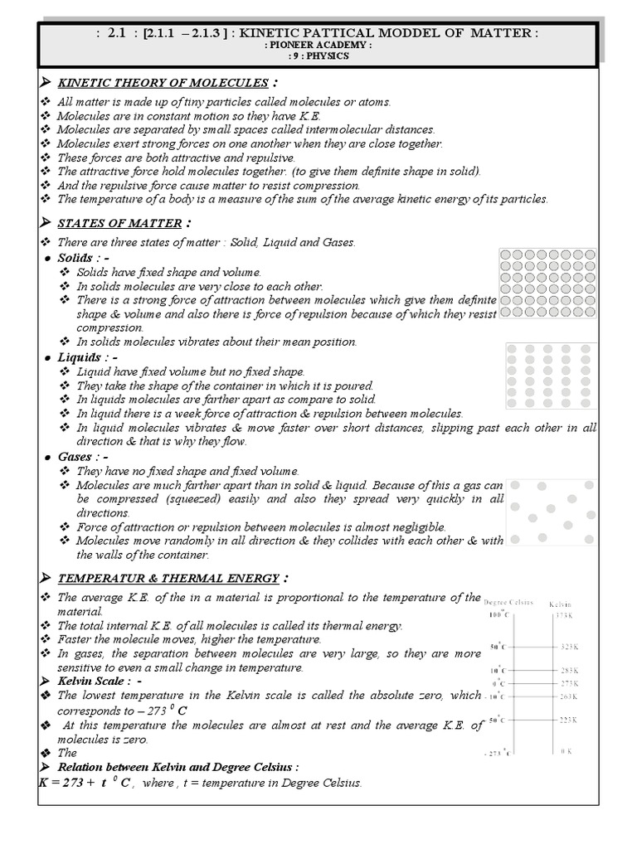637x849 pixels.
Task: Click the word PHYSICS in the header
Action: click(x=328, y=56)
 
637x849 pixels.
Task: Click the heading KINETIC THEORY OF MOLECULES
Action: click(x=162, y=83)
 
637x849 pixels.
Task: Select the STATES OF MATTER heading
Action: click(x=119, y=222)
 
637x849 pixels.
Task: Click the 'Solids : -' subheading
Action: click(x=85, y=258)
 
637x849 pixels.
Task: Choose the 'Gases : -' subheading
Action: click(x=83, y=457)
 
